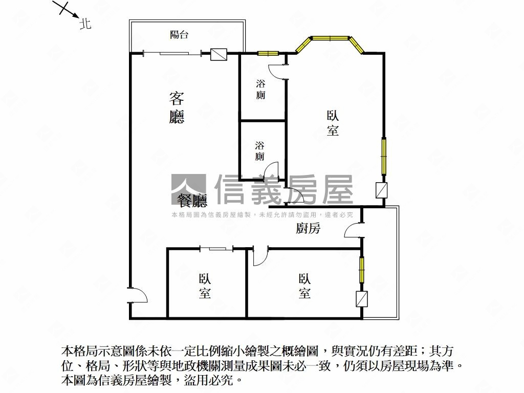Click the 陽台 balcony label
[x=179, y=34]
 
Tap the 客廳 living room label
[x=177, y=107]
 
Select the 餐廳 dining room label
[x=192, y=201]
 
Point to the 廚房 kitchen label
[x=308, y=228]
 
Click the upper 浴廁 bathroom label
[x=260, y=89]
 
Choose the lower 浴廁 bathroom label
[x=259, y=151]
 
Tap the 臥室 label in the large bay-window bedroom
[x=333, y=123]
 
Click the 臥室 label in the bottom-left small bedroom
[x=205, y=286]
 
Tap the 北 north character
[x=85, y=24]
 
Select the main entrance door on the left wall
[x=138, y=295]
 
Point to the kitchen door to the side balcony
[x=353, y=230]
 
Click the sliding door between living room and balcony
[x=173, y=53]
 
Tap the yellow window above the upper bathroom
[x=268, y=53]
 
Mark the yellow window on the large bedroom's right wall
[x=384, y=156]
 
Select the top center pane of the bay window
[x=330, y=38]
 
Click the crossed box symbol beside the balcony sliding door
[x=219, y=54]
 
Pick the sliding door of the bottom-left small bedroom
[x=216, y=248]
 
